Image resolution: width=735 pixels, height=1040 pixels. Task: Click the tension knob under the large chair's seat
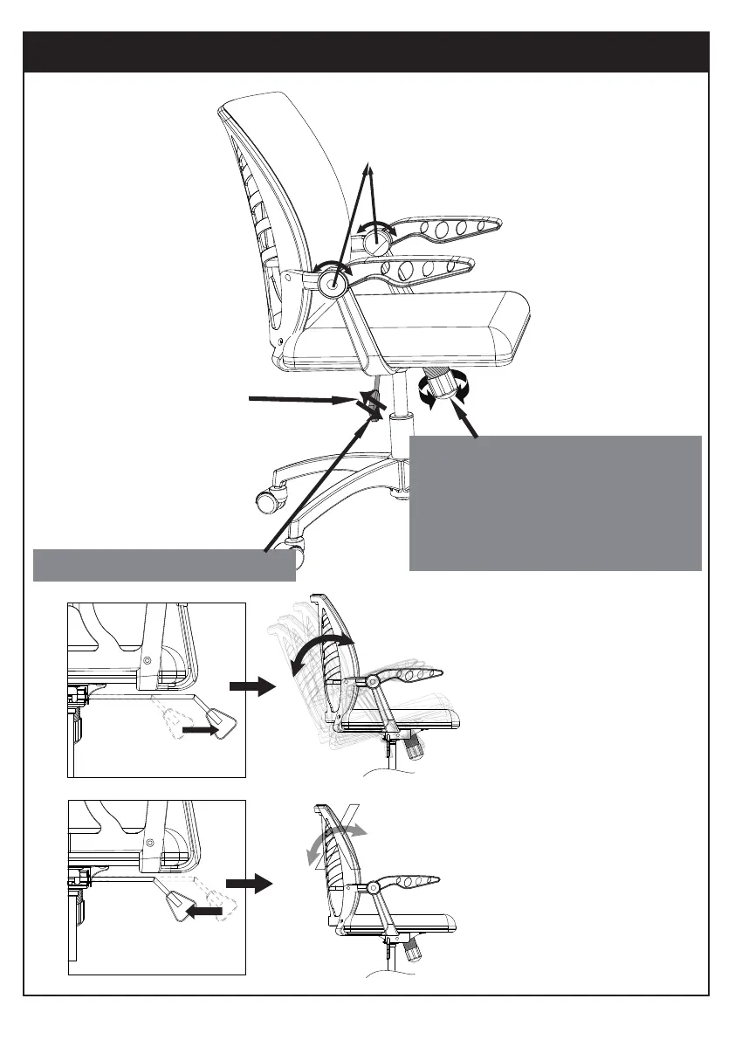(444, 385)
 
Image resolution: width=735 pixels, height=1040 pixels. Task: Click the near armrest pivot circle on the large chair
(332, 282)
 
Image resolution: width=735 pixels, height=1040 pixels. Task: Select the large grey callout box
(555, 502)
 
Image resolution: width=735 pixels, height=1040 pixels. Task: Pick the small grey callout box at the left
(163, 565)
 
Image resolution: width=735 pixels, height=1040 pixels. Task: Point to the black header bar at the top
(367, 52)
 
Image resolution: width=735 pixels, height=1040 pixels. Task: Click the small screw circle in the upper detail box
(149, 660)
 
